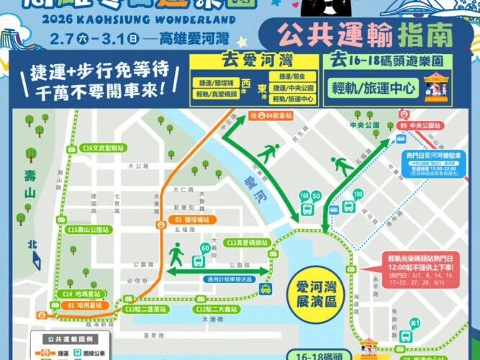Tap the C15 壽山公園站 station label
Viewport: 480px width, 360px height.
[89, 230]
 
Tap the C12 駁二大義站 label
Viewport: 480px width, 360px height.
[215, 309]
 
